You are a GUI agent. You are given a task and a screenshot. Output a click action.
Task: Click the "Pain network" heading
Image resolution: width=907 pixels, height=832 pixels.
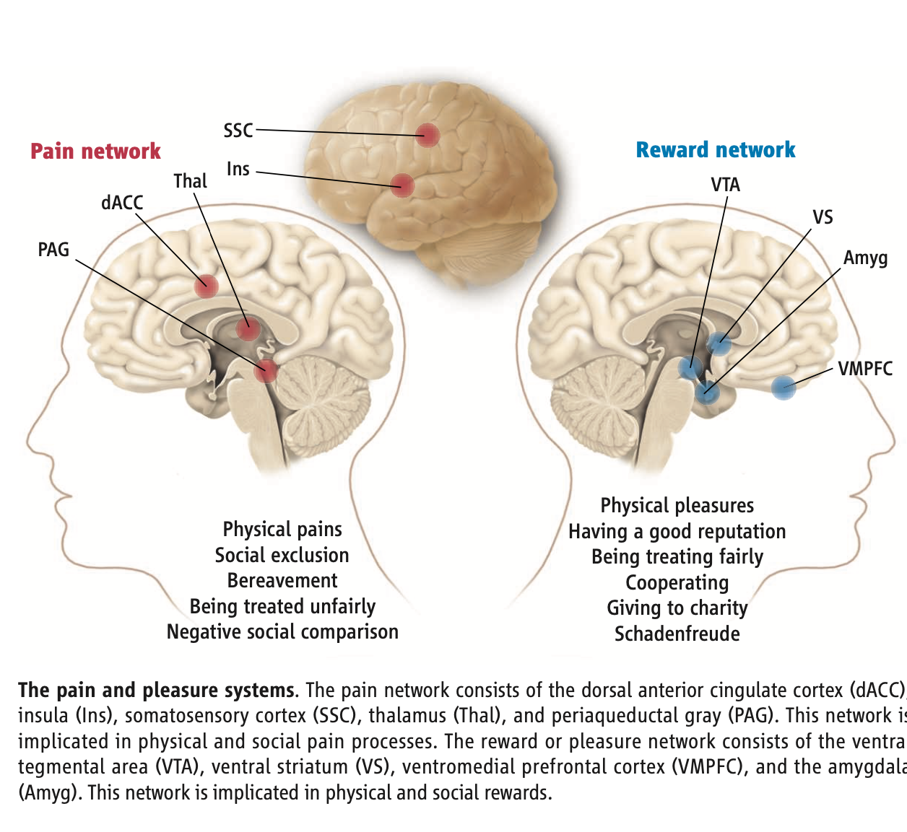pos(95,152)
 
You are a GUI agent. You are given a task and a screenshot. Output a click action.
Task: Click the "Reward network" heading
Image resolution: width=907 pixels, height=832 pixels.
pos(715,150)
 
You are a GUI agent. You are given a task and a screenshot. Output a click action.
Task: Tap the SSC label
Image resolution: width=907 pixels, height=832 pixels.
pos(238,131)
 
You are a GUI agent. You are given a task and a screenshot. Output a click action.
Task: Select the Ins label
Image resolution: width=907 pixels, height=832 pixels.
pos(238,170)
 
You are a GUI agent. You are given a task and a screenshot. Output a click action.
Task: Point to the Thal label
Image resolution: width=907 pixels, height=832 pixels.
pos(190,181)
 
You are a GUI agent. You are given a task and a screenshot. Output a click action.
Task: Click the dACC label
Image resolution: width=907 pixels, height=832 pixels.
pos(122,203)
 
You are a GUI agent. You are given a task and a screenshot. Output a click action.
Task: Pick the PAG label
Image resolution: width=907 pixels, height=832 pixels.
pos(53,250)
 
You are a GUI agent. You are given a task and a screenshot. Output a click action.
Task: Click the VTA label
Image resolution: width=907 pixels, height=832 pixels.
pos(725,185)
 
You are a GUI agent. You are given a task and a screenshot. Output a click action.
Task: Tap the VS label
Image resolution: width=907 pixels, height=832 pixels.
pos(823,217)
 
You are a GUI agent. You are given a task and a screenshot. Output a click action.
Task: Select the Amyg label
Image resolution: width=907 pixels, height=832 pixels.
pos(865,258)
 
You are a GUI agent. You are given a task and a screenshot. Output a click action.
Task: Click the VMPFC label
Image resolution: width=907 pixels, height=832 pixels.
pos(865,369)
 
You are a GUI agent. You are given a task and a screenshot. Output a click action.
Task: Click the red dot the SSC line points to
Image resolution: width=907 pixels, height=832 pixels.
pos(428,135)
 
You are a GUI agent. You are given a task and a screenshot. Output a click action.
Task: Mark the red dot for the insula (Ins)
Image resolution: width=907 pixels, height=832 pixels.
pos(402,185)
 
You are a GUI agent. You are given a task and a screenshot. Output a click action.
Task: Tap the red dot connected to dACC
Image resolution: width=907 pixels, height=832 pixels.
pos(207,286)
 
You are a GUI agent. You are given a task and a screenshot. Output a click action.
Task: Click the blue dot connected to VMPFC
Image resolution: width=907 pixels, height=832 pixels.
pos(784,387)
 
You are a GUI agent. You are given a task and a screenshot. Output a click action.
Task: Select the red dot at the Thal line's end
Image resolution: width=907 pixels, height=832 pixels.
pos(248,329)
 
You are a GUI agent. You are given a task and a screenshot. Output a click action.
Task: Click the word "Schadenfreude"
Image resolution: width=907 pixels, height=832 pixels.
pos(677,634)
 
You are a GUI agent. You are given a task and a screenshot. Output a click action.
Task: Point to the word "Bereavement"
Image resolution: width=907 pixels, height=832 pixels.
pos(282,581)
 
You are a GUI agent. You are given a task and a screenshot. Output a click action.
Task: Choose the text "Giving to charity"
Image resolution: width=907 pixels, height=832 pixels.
pos(677,608)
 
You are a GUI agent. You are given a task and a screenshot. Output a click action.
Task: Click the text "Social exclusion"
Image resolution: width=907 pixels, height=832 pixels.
pos(282,555)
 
